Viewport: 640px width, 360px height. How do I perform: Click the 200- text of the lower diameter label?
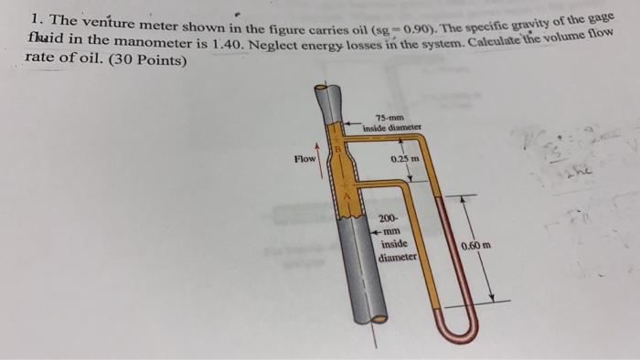coord(390,219)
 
